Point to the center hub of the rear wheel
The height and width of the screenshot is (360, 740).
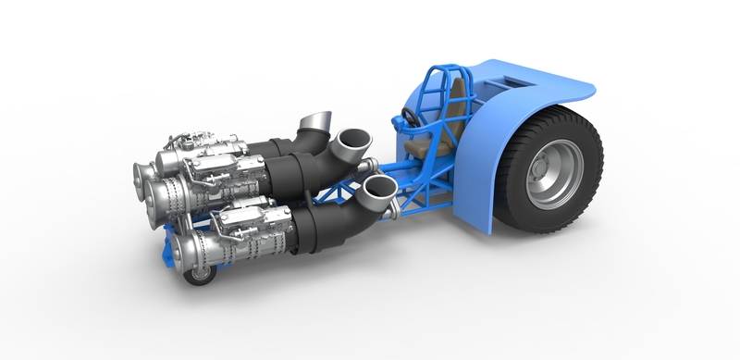click(x=538, y=172)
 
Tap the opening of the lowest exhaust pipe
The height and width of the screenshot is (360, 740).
click(x=378, y=189)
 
